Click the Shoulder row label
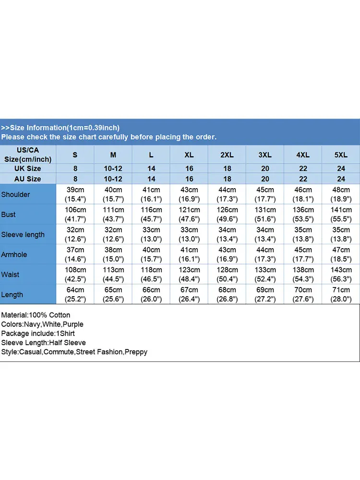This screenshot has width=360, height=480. pos(15,194)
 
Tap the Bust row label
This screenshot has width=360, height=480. pos(8,215)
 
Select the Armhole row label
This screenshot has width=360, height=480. pos(14,254)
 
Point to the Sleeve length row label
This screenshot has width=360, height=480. pos(23,235)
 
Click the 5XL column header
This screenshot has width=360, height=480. pos(341,155)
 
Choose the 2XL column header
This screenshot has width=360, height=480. pos(227,155)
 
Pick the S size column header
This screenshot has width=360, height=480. pos(75,155)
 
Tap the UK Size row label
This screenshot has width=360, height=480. pos(28,168)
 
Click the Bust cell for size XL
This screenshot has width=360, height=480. pos(189,215)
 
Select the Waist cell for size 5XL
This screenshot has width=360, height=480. pos(341,275)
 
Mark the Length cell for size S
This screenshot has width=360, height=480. pos(75,295)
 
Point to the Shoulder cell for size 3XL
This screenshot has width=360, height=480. pos(265,194)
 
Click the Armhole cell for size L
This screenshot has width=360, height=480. pos(151,254)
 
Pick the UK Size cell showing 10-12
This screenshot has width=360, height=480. pos(113,168)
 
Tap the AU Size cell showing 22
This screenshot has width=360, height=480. pos(303,179)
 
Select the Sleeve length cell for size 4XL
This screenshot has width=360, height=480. pos(303,235)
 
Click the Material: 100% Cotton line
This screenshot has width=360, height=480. pos(36,315)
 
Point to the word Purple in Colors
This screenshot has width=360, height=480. pos(73,324)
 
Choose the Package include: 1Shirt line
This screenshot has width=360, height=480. pos(38,334)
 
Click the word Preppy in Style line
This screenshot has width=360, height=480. pos(136,352)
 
